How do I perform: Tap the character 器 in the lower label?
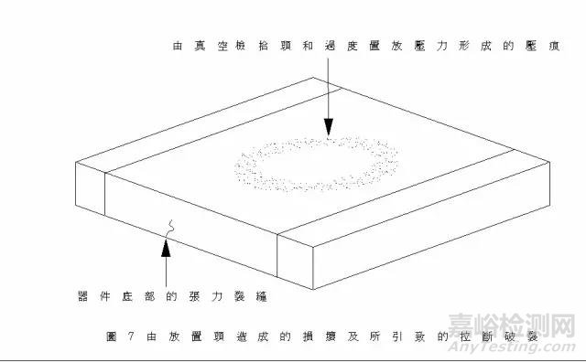point(83,294)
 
